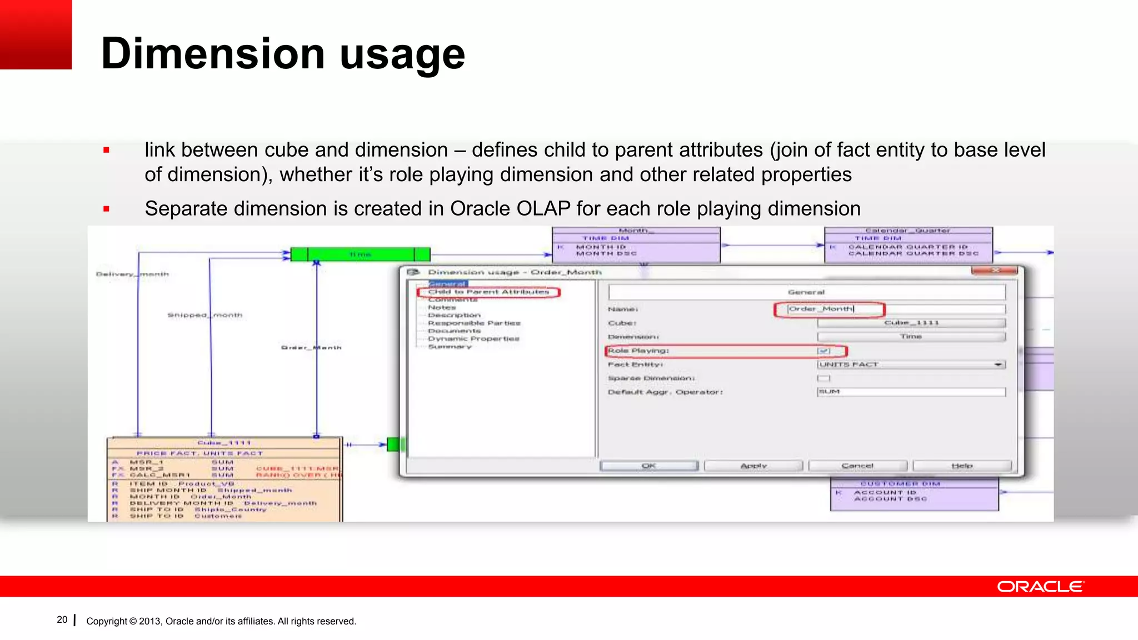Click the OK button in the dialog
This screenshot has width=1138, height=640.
[648, 466]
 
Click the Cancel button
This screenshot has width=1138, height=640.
[857, 466]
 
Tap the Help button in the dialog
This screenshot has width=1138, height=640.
[961, 466]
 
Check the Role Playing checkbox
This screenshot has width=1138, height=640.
[823, 351]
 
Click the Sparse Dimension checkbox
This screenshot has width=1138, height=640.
[823, 378]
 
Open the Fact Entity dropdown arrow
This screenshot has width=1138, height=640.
[999, 364]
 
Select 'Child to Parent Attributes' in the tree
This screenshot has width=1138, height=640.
[488, 292]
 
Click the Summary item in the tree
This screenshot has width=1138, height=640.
[450, 347]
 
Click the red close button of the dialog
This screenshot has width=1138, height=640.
[994, 271]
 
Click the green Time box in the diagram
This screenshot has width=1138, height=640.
[360, 254]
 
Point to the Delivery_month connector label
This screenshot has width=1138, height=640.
[132, 274]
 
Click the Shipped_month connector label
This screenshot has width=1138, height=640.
[205, 315]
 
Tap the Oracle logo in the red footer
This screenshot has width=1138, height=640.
[1040, 587]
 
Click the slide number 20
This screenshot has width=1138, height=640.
[62, 619]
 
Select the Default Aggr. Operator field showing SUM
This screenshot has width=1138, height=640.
[911, 392]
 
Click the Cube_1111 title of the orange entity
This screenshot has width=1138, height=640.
[224, 443]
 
